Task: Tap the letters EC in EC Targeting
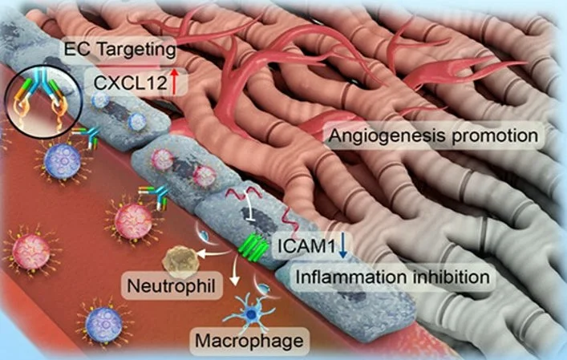pyautogui.click(x=78, y=51)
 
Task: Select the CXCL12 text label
pyautogui.click(x=121, y=79)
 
